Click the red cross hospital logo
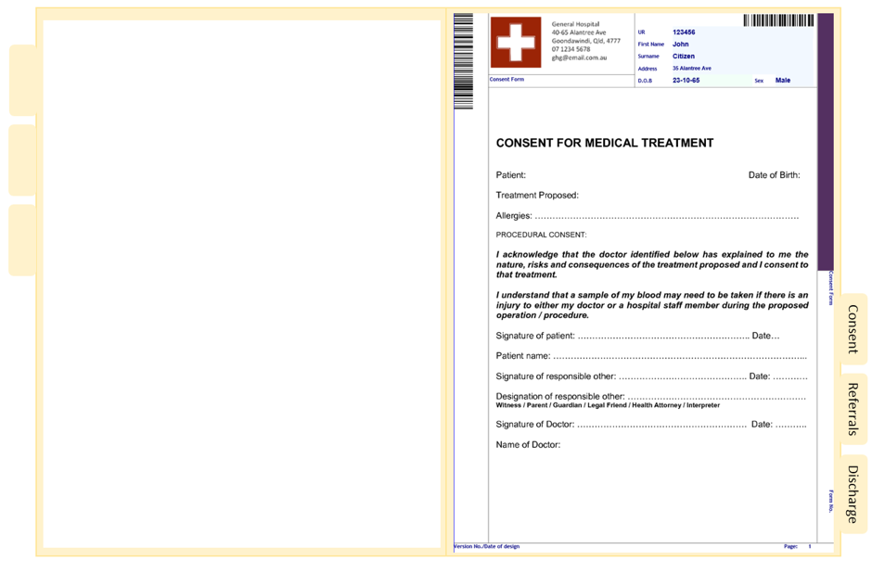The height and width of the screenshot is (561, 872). pyautogui.click(x=515, y=43)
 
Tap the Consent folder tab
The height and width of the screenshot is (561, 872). pyautogui.click(x=852, y=329)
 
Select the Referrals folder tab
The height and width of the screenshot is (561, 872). pyautogui.click(x=852, y=409)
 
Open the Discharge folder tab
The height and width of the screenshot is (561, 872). pyautogui.click(x=852, y=493)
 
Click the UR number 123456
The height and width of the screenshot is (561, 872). pyautogui.click(x=684, y=32)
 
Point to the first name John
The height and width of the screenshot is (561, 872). pyautogui.click(x=681, y=44)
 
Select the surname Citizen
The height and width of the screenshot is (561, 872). pyautogui.click(x=684, y=56)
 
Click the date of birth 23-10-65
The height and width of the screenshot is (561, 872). pyautogui.click(x=686, y=81)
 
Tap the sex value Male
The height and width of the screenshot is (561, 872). pyautogui.click(x=783, y=81)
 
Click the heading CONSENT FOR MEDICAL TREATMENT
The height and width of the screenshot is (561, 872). pyautogui.click(x=605, y=143)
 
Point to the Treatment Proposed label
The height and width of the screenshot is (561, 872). pyautogui.click(x=537, y=195)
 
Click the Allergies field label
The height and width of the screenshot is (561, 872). pyautogui.click(x=514, y=216)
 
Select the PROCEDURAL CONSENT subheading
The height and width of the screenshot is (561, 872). pyautogui.click(x=541, y=235)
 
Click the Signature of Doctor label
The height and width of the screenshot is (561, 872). pyautogui.click(x=535, y=424)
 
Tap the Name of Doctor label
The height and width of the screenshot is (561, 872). pyautogui.click(x=528, y=444)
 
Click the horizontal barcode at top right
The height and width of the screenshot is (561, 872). pyautogui.click(x=778, y=20)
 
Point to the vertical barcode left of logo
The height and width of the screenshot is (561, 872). pyautogui.click(x=463, y=61)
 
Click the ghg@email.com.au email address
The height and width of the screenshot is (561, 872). pyautogui.click(x=579, y=57)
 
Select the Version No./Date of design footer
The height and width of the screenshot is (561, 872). pyautogui.click(x=487, y=546)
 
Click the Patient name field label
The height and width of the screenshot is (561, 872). pyautogui.click(x=523, y=355)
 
